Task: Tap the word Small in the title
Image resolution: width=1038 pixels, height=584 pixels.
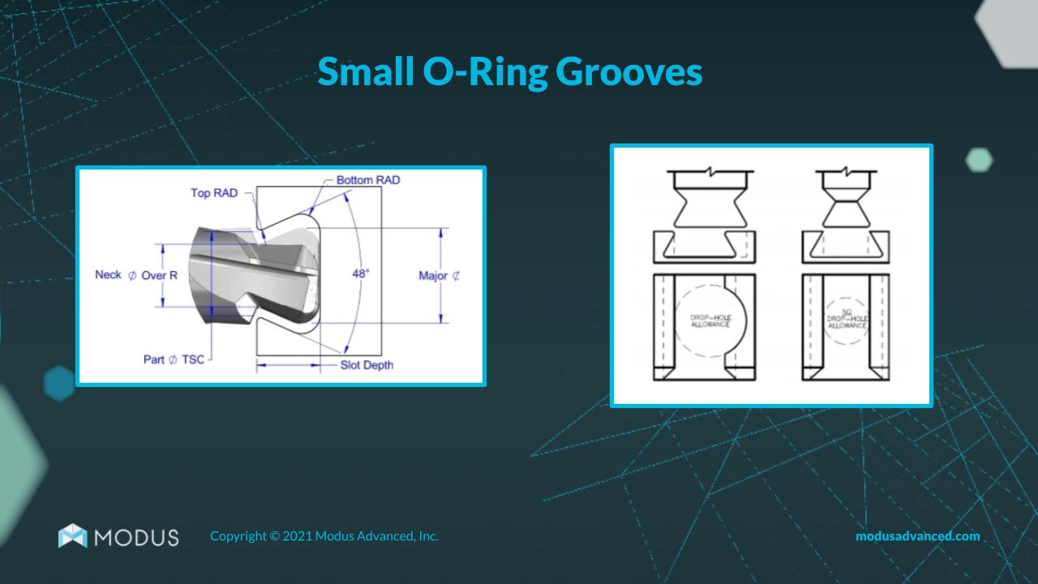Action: tap(366, 73)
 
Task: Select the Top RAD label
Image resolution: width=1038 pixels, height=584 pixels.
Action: tap(213, 193)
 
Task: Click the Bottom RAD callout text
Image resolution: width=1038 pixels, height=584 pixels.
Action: tap(368, 179)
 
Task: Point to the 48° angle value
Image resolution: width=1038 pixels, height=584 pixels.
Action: tap(361, 273)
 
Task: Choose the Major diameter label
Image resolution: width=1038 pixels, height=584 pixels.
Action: tap(439, 276)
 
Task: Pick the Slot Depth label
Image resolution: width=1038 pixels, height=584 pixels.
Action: tap(367, 365)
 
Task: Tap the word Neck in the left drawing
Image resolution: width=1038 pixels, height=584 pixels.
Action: tap(108, 275)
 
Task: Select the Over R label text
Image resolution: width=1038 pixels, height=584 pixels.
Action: tap(159, 275)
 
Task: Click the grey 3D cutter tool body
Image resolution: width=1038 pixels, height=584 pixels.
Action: tap(251, 272)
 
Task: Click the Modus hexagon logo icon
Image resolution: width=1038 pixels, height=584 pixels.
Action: tap(72, 536)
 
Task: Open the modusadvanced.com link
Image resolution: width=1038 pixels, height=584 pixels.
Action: tap(917, 536)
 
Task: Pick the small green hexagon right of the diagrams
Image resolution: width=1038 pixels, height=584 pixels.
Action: tap(980, 160)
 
